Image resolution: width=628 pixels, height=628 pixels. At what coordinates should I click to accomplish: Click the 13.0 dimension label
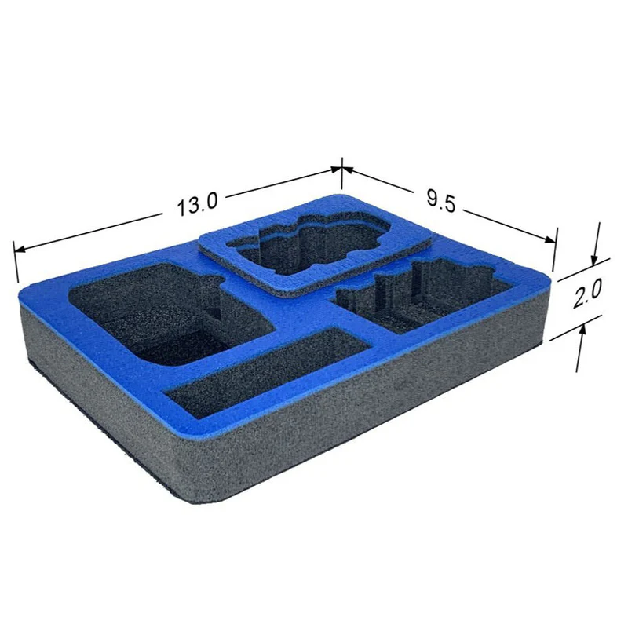point(197,203)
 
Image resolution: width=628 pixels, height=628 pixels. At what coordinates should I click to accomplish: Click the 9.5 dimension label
point(441,201)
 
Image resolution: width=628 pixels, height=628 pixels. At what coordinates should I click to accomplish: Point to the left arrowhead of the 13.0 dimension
point(20,249)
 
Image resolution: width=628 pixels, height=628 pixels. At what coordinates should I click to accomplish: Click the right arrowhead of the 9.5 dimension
point(550,239)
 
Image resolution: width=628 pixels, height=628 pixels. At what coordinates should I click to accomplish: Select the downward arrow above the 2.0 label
point(597,243)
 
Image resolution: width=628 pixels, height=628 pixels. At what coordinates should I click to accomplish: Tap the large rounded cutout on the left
point(168,313)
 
